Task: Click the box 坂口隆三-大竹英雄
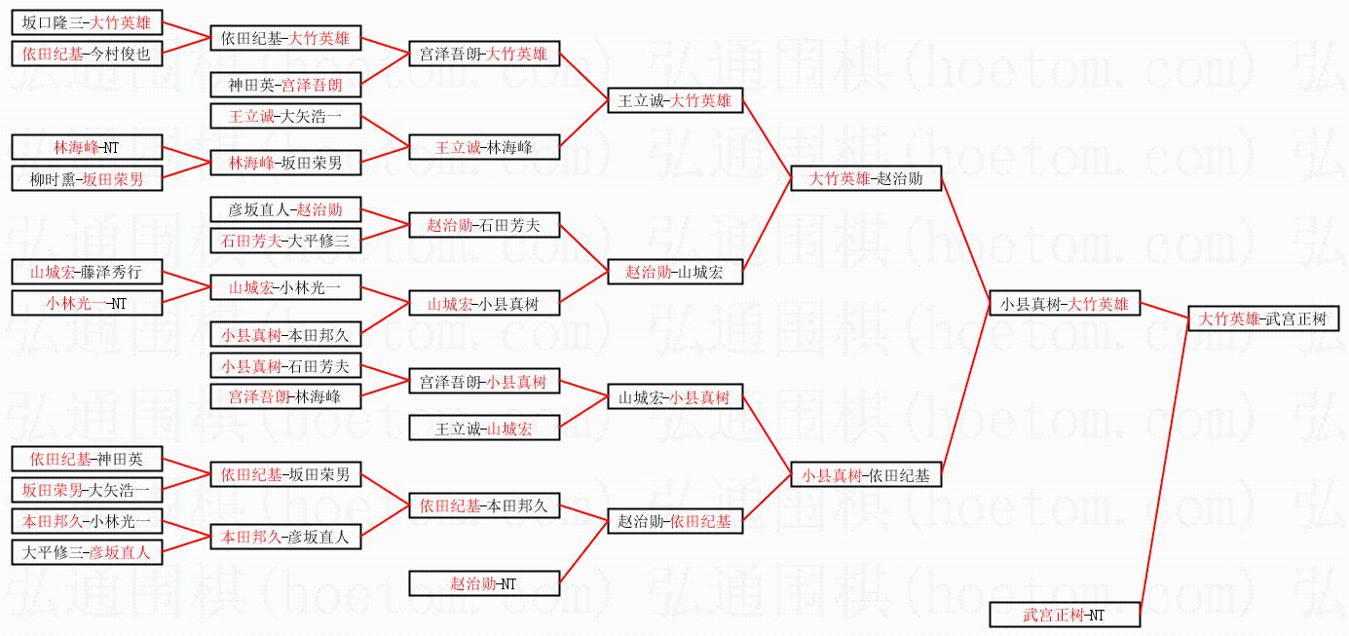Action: pyautogui.click(x=87, y=22)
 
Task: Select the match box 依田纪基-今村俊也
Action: pyautogui.click(x=87, y=54)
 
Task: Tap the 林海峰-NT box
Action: pyautogui.click(x=87, y=147)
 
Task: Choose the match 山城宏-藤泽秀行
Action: pyautogui.click(x=87, y=272)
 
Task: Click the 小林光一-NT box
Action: pyautogui.click(x=87, y=303)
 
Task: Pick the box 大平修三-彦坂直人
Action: pyautogui.click(x=87, y=552)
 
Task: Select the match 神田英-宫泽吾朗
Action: pyautogui.click(x=285, y=85)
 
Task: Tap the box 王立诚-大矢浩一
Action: pyautogui.click(x=285, y=117)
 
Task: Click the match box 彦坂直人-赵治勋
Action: pyautogui.click(x=285, y=209)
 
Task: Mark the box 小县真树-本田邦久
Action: pyautogui.click(x=285, y=334)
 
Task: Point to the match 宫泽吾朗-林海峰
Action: pyautogui.click(x=285, y=396)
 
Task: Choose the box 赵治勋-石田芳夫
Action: pyautogui.click(x=484, y=225)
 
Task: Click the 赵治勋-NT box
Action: pyautogui.click(x=484, y=583)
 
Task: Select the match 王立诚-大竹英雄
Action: pyautogui.click(x=675, y=100)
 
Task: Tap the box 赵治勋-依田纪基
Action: pyautogui.click(x=675, y=521)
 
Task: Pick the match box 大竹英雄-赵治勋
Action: pyautogui.click(x=866, y=178)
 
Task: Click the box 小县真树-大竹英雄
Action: pyautogui.click(x=1064, y=303)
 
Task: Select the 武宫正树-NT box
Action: pyautogui.click(x=1064, y=615)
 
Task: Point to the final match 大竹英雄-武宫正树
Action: pyautogui.click(x=1262, y=318)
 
